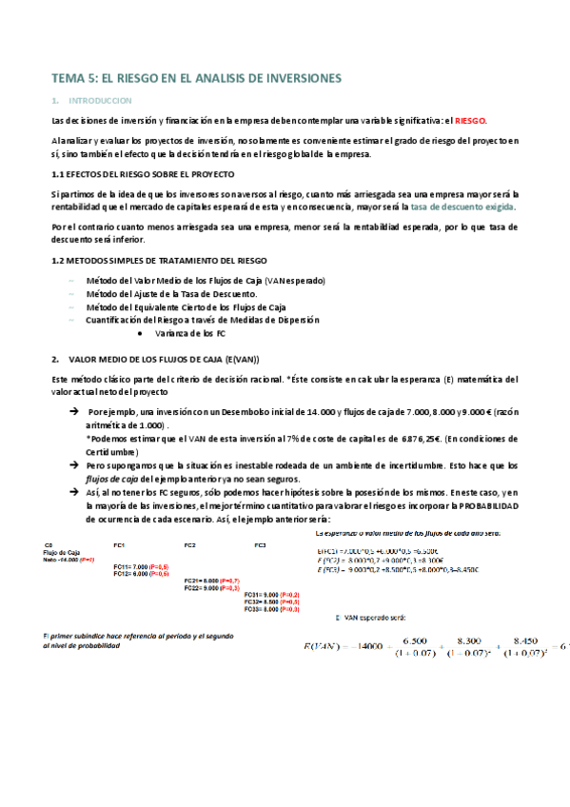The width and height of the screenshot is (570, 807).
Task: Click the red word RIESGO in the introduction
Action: [470, 121]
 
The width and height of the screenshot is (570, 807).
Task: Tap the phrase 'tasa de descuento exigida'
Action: [464, 207]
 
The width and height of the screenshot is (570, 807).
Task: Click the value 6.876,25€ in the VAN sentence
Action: [395, 438]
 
